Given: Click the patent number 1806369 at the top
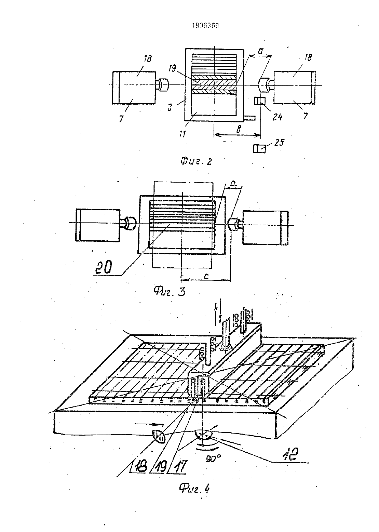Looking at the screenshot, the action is point(205,26).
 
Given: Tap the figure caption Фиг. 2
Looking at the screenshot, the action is point(196,161).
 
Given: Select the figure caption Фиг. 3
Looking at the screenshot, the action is point(169,291).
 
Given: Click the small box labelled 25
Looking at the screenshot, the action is point(259,149).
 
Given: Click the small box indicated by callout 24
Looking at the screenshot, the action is point(260,101).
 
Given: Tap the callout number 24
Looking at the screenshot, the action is point(277,117).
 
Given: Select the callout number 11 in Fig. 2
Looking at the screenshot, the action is point(182,134).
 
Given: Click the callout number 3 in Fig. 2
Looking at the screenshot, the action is point(170,108).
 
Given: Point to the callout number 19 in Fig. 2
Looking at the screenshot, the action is point(172,68).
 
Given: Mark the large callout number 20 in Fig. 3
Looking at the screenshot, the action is point(104,268).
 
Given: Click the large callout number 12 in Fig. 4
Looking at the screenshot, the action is point(290,454).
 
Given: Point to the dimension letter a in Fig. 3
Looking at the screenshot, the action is point(233,183).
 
